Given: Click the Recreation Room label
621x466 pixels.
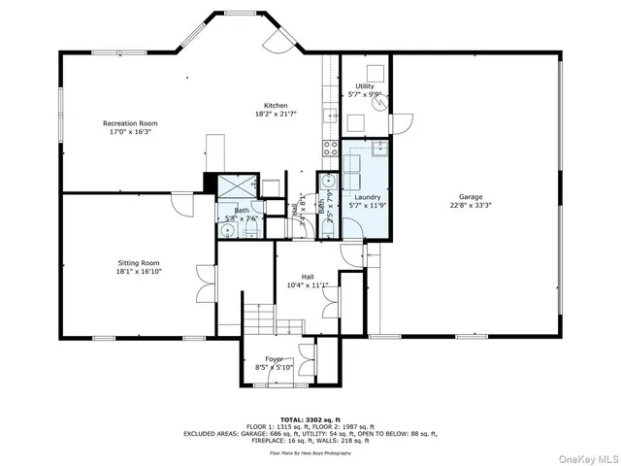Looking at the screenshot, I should pyautogui.click(x=130, y=123).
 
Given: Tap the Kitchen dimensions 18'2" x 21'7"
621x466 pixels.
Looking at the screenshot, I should pyautogui.click(x=276, y=114).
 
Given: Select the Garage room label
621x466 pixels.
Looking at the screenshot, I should pyautogui.click(x=471, y=197).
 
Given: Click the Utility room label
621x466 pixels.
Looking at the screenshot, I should pyautogui.click(x=364, y=86).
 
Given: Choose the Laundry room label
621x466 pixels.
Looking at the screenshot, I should pyautogui.click(x=367, y=197).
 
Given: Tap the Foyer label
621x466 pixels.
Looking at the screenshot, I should pyautogui.click(x=275, y=358).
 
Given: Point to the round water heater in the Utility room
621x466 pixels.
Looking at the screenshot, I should pyautogui.click(x=382, y=98).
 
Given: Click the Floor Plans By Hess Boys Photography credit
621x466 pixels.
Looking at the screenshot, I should pyautogui.click(x=310, y=452).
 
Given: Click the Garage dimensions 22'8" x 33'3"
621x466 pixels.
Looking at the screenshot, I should pyautogui.click(x=471, y=206).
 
